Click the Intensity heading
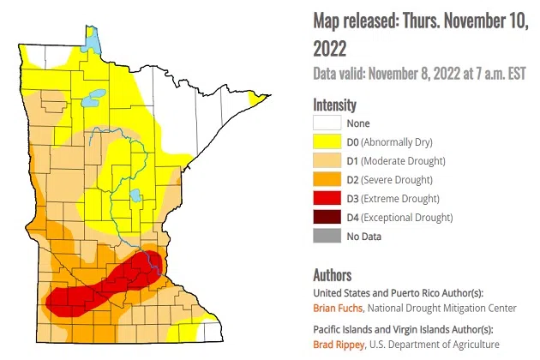click(334, 105)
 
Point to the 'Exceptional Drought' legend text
click(408, 218)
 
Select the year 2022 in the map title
click(331, 45)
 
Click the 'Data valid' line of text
click(420, 75)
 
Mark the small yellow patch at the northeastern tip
click(255, 100)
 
